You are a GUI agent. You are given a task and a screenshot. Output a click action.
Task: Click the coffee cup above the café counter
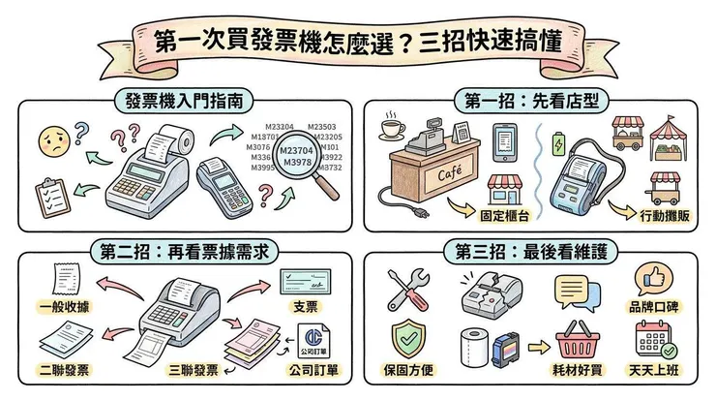pyautogui.click(x=393, y=128)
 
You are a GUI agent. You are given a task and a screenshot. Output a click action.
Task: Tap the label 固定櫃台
pyautogui.click(x=502, y=210)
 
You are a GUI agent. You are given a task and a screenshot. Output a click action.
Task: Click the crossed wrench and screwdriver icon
pyautogui.click(x=407, y=289)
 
